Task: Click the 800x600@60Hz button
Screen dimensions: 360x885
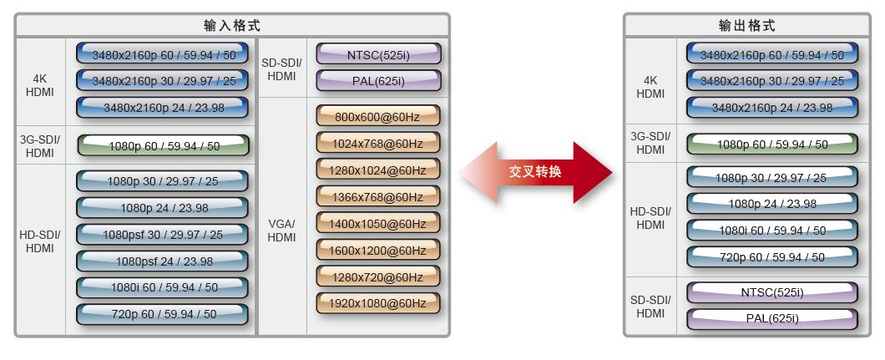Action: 378,116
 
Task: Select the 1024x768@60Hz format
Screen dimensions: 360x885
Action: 378,143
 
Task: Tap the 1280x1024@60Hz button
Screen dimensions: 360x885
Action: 378,170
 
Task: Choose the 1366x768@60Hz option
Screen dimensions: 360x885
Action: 378,197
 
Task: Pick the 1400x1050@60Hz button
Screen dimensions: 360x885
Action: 378,224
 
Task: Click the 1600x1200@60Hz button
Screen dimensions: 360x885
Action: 378,250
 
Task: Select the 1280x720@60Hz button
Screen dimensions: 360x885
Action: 378,276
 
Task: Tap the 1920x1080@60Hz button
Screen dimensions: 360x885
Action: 378,303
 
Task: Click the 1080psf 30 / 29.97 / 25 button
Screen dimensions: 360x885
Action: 163,235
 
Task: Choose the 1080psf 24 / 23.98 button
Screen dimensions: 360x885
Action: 163,261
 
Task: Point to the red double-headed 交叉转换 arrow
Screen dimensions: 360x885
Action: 536,172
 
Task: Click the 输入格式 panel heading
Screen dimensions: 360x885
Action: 232,26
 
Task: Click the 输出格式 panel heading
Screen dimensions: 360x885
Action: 747,26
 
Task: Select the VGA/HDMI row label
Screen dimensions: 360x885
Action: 281,231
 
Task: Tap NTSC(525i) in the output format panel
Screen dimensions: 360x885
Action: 772,292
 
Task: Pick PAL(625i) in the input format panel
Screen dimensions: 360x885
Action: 378,82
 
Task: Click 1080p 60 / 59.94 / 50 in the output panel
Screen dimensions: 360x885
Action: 772,145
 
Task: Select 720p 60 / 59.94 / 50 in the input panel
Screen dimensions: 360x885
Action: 163,314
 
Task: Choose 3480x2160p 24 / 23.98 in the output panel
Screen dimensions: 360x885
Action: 772,108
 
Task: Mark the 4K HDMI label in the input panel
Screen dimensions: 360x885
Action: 39,86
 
